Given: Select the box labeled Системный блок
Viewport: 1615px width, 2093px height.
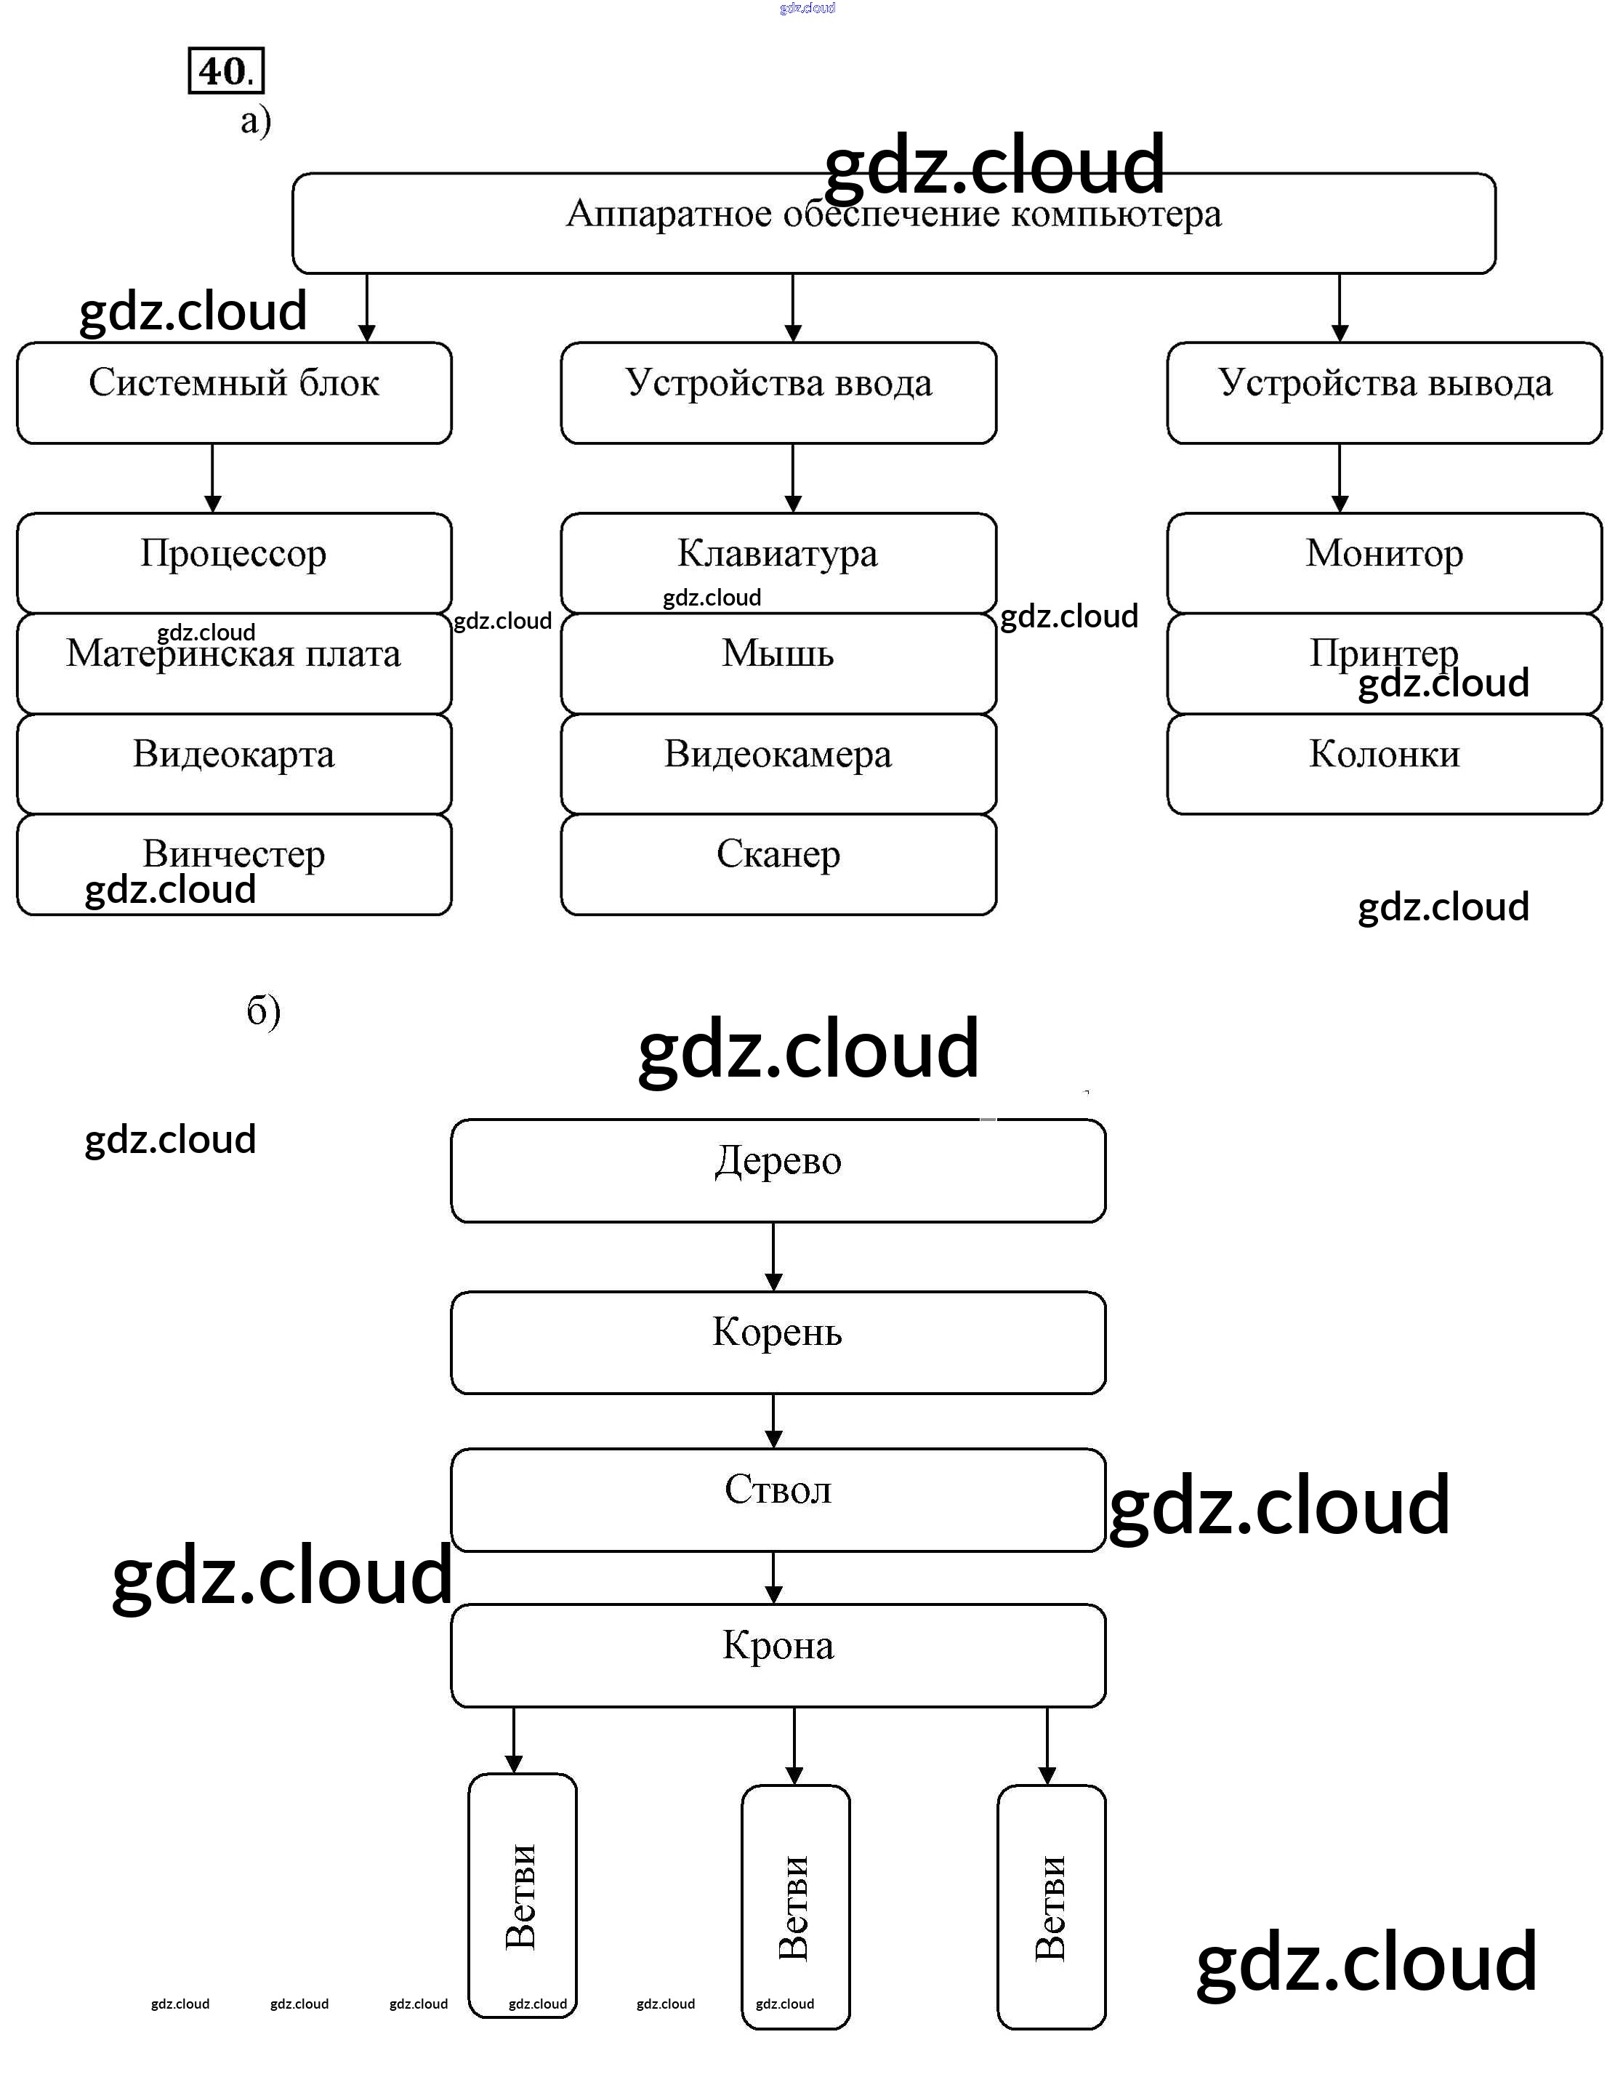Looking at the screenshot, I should [234, 392].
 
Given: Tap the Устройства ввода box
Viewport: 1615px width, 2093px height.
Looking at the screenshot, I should [778, 392].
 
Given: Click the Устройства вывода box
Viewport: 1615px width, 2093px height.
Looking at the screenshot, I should [1383, 392].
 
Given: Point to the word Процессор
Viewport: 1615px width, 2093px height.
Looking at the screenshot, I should [234, 553].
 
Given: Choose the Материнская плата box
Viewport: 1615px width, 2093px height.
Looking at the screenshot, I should [234, 663].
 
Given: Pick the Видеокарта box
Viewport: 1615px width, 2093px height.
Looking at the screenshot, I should [234, 764].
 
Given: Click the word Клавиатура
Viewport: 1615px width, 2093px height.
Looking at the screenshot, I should [778, 553].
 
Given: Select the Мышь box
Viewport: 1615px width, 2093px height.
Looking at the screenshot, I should [778, 663].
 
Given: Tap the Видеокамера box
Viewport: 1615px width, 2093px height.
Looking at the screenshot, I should [778, 764].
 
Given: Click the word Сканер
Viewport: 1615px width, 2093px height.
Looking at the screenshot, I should [778, 854].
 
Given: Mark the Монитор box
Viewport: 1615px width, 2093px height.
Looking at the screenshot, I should [1383, 563].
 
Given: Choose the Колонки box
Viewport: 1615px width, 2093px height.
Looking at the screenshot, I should [1383, 764].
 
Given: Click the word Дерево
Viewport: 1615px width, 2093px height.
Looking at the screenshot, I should [778, 1160].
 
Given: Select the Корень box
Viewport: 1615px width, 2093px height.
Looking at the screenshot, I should [778, 1342].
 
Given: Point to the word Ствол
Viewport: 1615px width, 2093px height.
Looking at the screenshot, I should [778, 1490].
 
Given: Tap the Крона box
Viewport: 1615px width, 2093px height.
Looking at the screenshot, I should [778, 1655].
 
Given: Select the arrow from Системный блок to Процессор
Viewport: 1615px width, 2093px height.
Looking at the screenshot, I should [213, 477].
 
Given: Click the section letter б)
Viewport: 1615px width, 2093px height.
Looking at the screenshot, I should [263, 1011].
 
